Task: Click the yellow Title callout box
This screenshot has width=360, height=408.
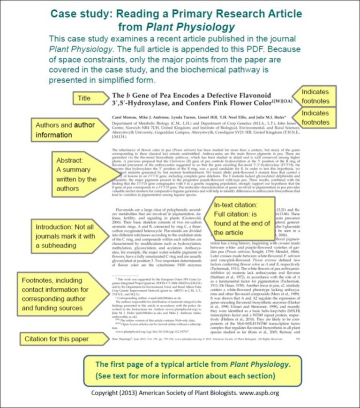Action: (85, 98)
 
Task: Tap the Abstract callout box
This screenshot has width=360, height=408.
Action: (76, 173)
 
